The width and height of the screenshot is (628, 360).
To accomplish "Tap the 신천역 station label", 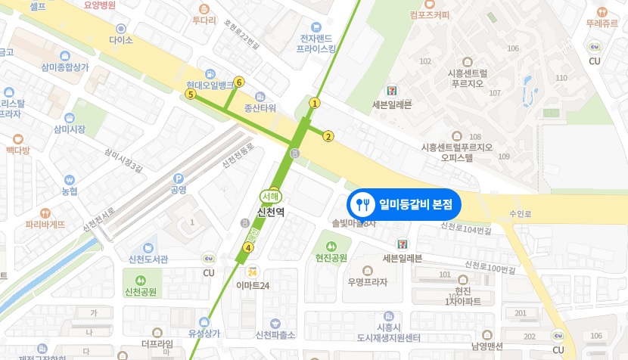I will (271, 213).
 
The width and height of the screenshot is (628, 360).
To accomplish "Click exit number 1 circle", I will (315, 103).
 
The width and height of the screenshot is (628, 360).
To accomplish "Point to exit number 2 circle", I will (328, 136).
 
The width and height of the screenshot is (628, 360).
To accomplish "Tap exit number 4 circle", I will (247, 247).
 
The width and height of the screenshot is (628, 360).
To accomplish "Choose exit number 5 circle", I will (191, 95).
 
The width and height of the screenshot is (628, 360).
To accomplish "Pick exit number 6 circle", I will (239, 82).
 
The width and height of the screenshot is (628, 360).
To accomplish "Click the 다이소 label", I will (121, 39).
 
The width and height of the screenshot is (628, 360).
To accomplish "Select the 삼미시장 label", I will (70, 129).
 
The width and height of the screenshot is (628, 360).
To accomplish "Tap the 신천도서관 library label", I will (148, 259).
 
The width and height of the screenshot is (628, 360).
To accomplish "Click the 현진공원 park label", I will (331, 258).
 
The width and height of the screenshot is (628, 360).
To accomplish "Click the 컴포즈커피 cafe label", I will (429, 14).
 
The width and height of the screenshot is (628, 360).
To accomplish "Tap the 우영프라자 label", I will (368, 282).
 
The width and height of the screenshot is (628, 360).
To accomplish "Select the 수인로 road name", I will (521, 214).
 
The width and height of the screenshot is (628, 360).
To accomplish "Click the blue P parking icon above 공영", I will (179, 178).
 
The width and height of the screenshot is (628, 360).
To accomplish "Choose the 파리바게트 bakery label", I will (45, 224).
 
